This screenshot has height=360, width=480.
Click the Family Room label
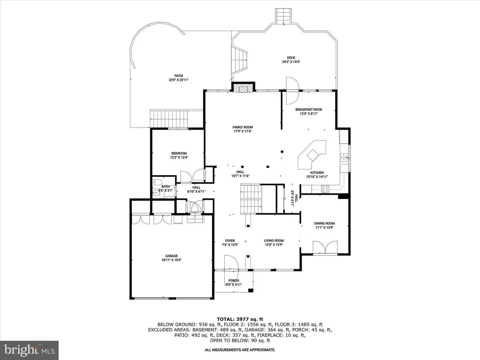click(x=243, y=127)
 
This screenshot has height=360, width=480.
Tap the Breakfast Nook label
click(x=309, y=109)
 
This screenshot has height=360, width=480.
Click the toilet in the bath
click(x=157, y=182)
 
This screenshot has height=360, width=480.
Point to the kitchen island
click(x=312, y=154)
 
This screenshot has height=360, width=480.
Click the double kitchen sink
click(x=344, y=157)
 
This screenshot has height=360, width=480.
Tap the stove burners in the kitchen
click(x=325, y=189)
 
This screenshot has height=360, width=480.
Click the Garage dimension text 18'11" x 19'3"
click(x=171, y=260)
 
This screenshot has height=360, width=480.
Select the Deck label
click(x=291, y=58)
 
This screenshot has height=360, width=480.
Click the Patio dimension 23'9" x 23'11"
click(x=178, y=80)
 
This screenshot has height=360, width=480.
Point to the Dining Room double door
click(x=325, y=247)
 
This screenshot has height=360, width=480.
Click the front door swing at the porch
click(x=231, y=263)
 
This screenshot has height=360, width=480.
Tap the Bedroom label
click(x=179, y=153)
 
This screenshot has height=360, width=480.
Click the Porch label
click(x=234, y=280)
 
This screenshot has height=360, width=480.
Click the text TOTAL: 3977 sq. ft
click(x=240, y=319)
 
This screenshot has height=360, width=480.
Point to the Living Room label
click(x=274, y=240)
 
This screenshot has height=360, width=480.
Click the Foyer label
click(x=230, y=240)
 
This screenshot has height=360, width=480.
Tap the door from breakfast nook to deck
click(x=292, y=90)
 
